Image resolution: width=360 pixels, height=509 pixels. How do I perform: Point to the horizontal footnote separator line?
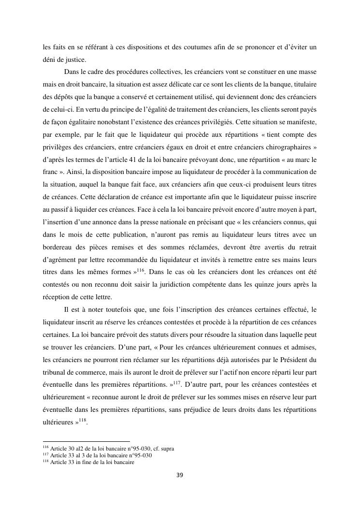[86, 441]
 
